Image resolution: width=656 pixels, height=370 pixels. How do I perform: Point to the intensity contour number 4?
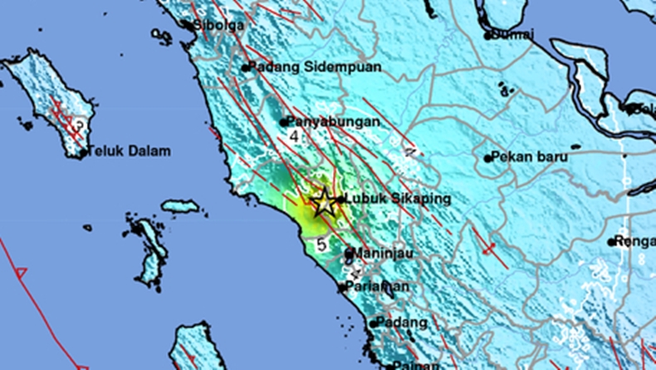coord(294,135)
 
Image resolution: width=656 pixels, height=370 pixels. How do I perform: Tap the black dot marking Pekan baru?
coord(487,157)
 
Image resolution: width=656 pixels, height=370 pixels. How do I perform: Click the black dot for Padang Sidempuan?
coord(246,68)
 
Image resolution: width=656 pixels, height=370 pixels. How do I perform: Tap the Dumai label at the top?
coord(513,35)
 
